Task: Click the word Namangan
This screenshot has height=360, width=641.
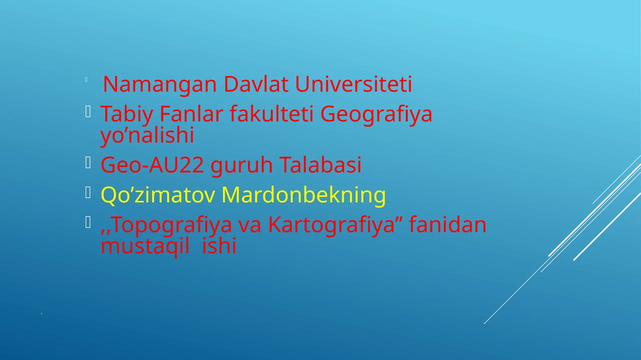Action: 159,85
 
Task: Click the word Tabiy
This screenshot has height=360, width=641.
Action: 127,114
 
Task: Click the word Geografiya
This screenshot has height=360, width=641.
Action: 376,114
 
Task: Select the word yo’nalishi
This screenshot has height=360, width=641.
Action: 147,135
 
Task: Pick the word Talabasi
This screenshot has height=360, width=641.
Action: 320,165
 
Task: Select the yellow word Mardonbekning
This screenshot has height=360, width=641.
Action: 303,195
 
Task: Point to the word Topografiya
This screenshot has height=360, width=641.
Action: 170,225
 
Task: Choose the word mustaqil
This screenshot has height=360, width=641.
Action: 145,245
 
